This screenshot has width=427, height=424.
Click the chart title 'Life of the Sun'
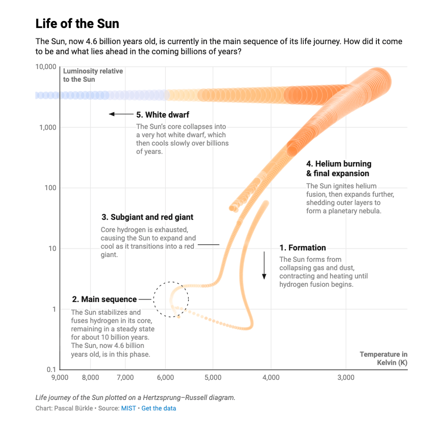tap(77, 23)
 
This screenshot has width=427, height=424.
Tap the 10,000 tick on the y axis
tap(45, 67)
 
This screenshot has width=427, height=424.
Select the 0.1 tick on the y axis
tap(51, 370)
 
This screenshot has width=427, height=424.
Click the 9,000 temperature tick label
tap(60, 378)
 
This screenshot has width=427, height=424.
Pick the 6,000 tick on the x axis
tap(165, 378)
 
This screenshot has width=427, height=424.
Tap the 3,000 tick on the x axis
tap(346, 378)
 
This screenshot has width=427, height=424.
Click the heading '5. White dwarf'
tap(162, 115)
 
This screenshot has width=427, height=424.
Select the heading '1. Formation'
tap(302, 248)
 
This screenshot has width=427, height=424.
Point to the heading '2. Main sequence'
tap(104, 299)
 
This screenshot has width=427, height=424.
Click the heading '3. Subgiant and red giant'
tap(147, 217)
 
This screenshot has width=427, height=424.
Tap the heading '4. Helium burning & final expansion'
tap(338, 168)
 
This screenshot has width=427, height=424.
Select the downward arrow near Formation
tap(264, 265)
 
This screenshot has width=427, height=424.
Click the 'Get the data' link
tap(159, 408)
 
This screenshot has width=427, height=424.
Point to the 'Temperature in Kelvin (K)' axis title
tap(383, 359)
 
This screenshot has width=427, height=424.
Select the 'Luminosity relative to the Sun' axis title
tap(93, 75)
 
